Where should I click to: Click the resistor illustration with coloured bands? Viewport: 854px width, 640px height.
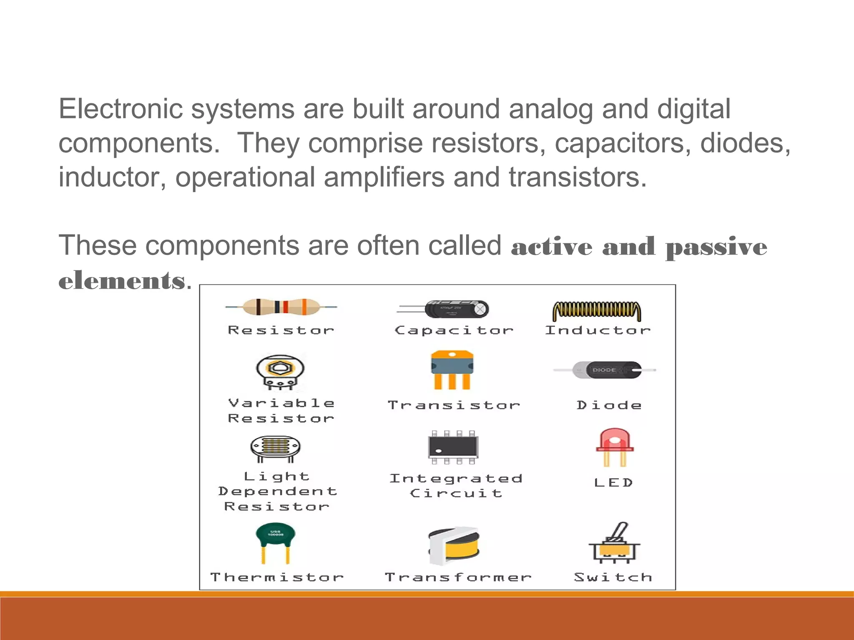point(281,307)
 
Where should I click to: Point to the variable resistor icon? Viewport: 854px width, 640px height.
point(280,372)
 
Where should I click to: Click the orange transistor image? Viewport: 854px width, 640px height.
point(452,370)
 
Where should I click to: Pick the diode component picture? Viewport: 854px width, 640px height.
point(607,370)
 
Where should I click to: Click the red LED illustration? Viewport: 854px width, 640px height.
point(615,447)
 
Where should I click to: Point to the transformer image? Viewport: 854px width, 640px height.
point(455,545)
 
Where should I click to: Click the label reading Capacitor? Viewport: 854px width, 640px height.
point(454,330)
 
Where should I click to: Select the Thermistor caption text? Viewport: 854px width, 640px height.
point(277,577)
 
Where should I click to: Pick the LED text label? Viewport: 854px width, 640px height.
point(613,482)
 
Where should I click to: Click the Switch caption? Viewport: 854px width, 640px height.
point(613,577)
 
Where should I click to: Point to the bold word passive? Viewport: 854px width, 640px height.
point(716,247)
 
